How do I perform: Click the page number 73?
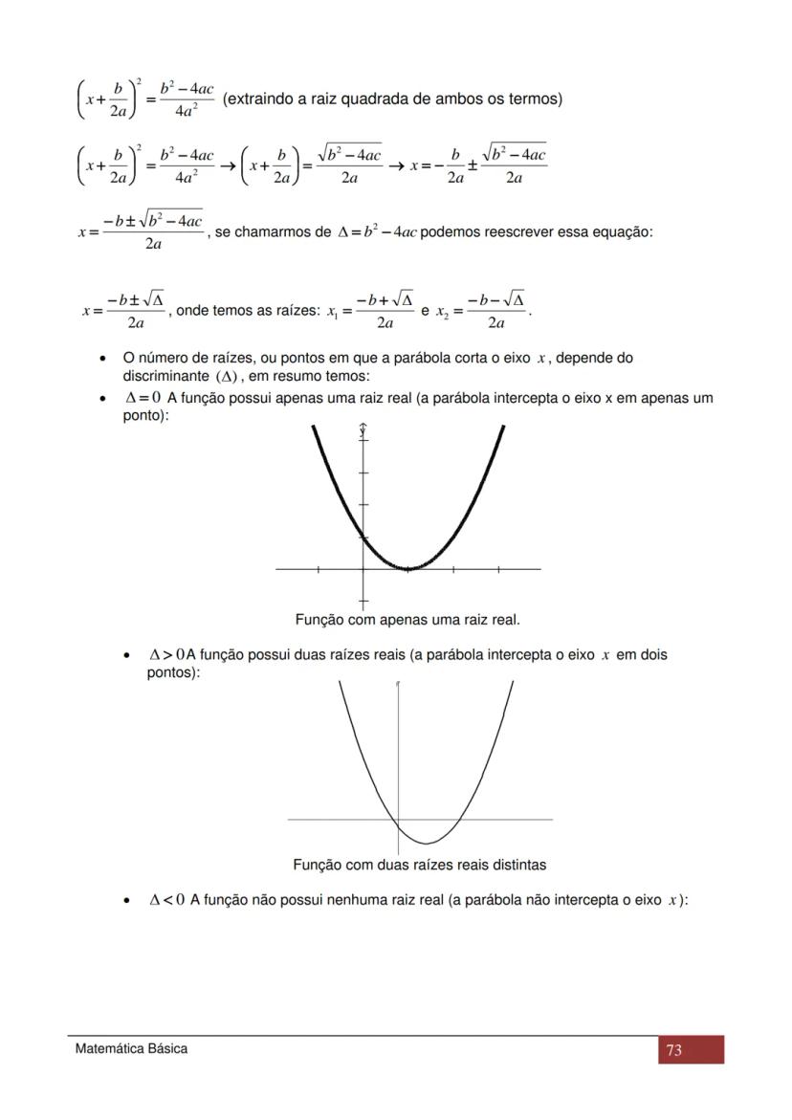673,1050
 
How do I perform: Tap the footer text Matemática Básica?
132,1048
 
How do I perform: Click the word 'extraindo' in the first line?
258,99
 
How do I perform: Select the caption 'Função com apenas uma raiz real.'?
407,620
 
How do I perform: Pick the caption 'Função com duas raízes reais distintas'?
420,865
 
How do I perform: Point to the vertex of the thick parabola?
407,568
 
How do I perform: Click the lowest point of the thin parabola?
427,844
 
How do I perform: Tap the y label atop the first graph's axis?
363,431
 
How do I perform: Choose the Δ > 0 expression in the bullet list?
167,655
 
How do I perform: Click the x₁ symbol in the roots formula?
332,312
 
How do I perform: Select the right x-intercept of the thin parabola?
457,820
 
